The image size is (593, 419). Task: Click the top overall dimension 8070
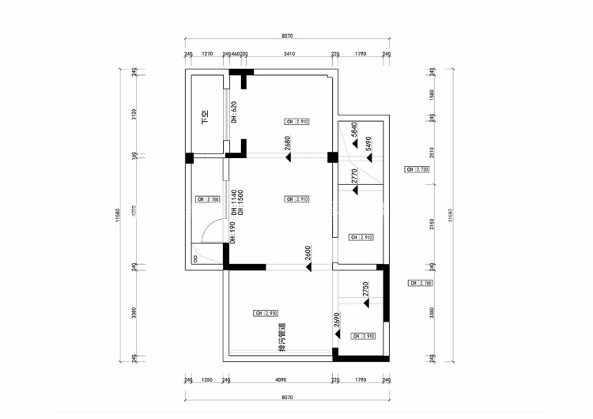pos(287,36)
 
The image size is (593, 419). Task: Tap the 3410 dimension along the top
pos(289,55)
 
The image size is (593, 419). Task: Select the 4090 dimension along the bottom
pos(280,380)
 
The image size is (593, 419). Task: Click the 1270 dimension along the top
pos(207,55)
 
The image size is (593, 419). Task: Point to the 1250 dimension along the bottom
pos(207,380)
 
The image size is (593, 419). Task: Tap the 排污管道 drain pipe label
pos(280,338)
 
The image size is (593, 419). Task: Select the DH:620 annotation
pos(233,112)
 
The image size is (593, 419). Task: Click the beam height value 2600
pos(308,254)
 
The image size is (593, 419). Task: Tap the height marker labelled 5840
pos(355,130)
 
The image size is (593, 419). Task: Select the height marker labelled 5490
pos(368,145)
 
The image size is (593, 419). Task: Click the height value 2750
pos(365,289)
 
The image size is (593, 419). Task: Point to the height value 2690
pos(337,320)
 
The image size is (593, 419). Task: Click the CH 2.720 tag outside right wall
pos(417,170)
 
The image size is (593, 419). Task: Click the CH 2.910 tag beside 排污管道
pos(266,313)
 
